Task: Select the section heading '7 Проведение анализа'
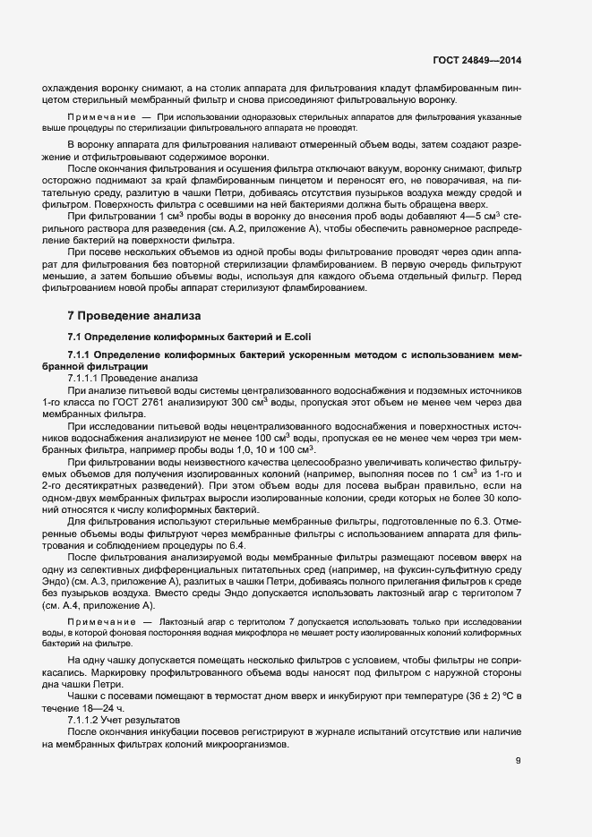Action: [135, 316]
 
